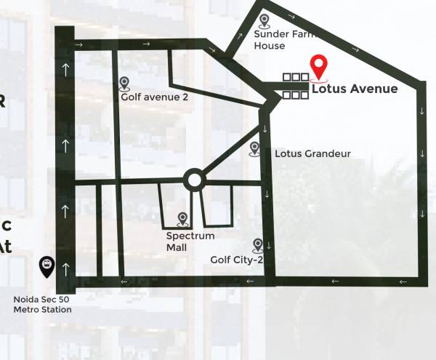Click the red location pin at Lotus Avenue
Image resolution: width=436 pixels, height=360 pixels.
(x=318, y=67)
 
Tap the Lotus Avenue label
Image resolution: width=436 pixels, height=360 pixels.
(x=355, y=89)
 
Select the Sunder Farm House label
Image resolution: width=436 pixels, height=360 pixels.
(x=278, y=40)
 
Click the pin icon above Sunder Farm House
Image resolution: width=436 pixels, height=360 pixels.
(x=264, y=21)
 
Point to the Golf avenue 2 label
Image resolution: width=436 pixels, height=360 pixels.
(x=154, y=97)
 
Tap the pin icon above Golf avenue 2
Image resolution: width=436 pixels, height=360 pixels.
(x=124, y=84)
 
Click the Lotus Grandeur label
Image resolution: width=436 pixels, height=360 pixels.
(x=312, y=154)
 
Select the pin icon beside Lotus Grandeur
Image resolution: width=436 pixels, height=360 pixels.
(x=254, y=148)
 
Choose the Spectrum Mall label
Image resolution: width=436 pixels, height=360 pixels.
(x=190, y=241)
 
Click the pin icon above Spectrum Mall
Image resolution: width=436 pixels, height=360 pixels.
(x=182, y=219)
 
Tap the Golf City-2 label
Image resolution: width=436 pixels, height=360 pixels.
(x=237, y=260)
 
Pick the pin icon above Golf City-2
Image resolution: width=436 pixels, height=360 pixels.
(x=257, y=245)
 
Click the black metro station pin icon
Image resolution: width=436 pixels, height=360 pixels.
(x=47, y=266)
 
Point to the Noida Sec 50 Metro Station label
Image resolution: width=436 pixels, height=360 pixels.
(x=43, y=305)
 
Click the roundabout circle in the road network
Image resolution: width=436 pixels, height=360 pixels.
(x=193, y=179)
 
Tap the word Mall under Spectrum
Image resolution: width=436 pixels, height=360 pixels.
(x=177, y=247)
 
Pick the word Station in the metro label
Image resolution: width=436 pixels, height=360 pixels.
(x=56, y=310)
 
